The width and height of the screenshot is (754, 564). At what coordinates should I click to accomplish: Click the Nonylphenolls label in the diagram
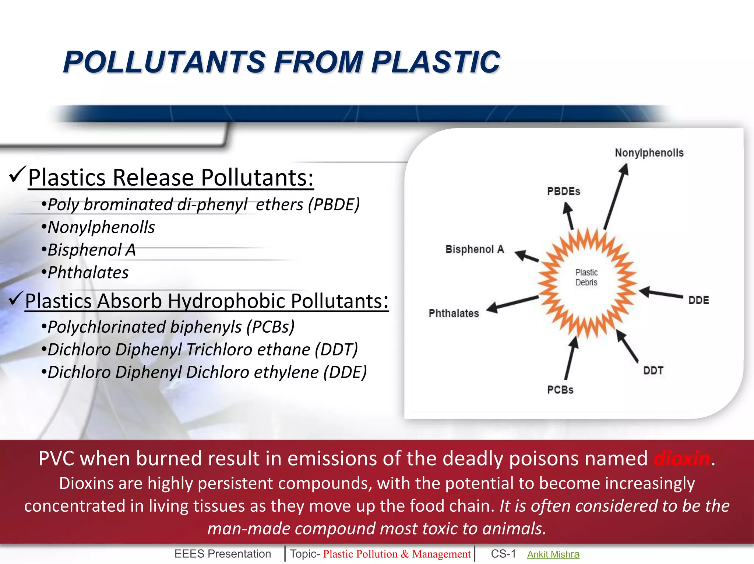pyautogui.click(x=649, y=153)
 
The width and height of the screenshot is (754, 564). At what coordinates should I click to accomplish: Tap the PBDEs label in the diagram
pyautogui.click(x=563, y=192)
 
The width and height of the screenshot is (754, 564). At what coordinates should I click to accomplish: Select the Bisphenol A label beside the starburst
pyautogui.click(x=475, y=249)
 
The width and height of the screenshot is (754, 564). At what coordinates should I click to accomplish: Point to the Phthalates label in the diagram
pyautogui.click(x=454, y=313)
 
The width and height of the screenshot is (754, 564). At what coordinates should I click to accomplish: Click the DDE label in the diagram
pyautogui.click(x=698, y=300)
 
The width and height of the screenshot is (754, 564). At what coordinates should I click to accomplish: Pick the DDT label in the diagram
pyautogui.click(x=653, y=371)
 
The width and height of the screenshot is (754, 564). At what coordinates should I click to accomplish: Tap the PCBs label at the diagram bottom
pyautogui.click(x=560, y=390)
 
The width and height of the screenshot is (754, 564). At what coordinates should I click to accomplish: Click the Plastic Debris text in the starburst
pyautogui.click(x=586, y=277)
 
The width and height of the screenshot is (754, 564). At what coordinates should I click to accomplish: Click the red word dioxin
pyautogui.click(x=681, y=459)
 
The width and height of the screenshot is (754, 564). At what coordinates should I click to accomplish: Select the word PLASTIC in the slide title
pyautogui.click(x=436, y=62)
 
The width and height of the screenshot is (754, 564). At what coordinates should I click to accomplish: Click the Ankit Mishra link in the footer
pyautogui.click(x=553, y=554)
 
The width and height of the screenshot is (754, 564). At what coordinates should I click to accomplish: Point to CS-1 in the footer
pyautogui.click(x=503, y=554)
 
